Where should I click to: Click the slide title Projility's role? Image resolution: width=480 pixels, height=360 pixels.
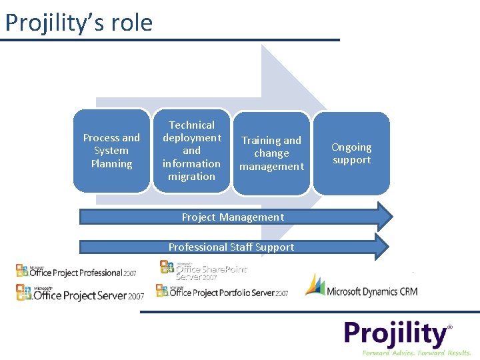point(79,23)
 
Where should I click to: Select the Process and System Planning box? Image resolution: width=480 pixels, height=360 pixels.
point(111,151)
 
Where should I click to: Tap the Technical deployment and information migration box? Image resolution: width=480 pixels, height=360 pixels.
point(191,151)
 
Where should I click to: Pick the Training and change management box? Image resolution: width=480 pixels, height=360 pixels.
point(271,153)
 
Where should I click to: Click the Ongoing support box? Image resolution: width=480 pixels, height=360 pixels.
point(351,153)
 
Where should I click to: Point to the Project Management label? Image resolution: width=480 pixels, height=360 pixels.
point(233,217)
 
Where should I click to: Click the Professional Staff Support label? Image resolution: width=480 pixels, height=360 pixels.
point(231,247)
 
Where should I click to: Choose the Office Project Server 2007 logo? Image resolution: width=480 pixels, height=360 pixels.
point(80,293)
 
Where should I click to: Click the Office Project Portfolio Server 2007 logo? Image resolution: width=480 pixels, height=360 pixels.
point(222,291)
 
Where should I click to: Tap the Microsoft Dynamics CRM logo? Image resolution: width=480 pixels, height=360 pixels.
point(361,286)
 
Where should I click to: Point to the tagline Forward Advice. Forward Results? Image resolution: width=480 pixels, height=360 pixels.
point(416,353)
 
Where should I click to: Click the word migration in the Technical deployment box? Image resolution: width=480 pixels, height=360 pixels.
point(191,177)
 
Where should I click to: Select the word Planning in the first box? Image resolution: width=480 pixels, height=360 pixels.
point(111,164)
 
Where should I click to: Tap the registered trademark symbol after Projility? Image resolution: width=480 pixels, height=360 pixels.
point(450,327)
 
